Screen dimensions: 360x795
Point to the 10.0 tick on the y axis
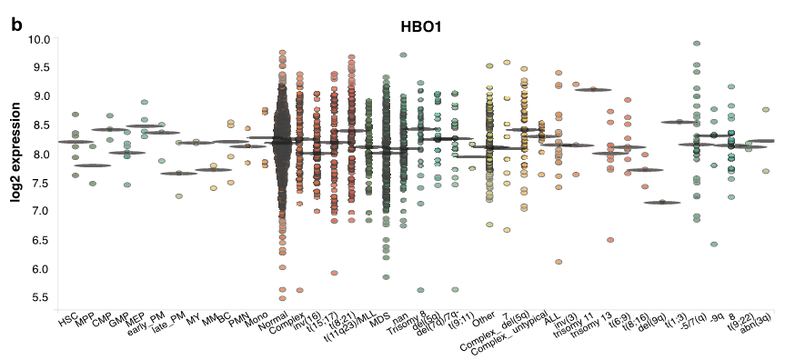point(37,39)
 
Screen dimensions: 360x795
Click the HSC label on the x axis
point(69,320)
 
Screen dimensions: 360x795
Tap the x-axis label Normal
point(273,323)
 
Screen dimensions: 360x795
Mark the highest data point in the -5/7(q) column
point(697,43)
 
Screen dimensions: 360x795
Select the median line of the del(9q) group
point(661,203)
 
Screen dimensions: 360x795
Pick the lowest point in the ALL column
point(559,262)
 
